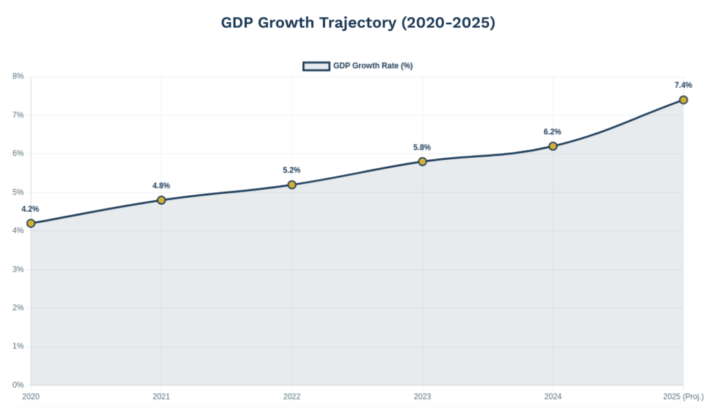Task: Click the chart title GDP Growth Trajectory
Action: (x=358, y=23)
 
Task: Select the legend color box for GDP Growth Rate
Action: (x=316, y=66)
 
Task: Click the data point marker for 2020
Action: (x=31, y=224)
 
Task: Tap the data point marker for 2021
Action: (x=161, y=200)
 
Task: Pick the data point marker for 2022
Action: (x=292, y=185)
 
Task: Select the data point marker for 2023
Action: (x=422, y=161)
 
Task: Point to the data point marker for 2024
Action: (x=553, y=146)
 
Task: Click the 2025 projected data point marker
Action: (x=683, y=100)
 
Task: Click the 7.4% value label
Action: (x=683, y=85)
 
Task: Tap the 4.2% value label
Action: (x=30, y=209)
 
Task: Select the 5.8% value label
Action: (x=422, y=147)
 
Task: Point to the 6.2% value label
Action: (x=552, y=131)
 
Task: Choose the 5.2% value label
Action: (x=291, y=170)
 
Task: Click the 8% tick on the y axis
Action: (x=18, y=76)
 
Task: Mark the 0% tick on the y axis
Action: (x=18, y=385)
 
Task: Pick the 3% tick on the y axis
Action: (x=18, y=269)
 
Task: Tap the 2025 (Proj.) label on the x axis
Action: (x=683, y=397)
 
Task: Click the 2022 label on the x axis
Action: (x=292, y=397)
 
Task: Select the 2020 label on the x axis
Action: (x=31, y=397)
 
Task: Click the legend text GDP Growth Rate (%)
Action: (x=373, y=66)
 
